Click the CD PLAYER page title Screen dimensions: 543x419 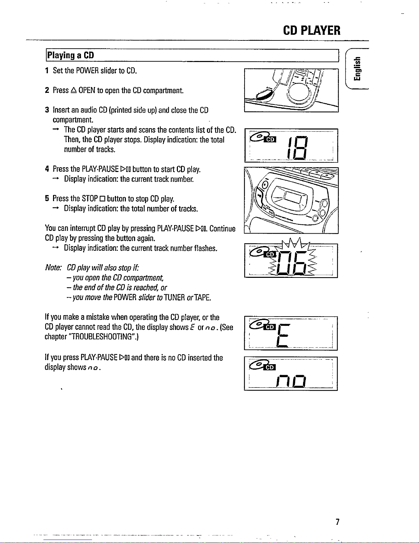pyautogui.click(x=312, y=30)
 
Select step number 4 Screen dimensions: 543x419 pyautogui.click(x=47, y=169)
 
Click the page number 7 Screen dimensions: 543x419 pyautogui.click(x=337, y=522)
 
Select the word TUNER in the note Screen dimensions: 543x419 pyautogui.click(x=174, y=297)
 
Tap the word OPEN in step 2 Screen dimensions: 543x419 pyautogui.click(x=87, y=90)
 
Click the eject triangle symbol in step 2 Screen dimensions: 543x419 pyautogui.click(x=74, y=90)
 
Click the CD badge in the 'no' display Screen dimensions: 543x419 pyautogui.click(x=270, y=367)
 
